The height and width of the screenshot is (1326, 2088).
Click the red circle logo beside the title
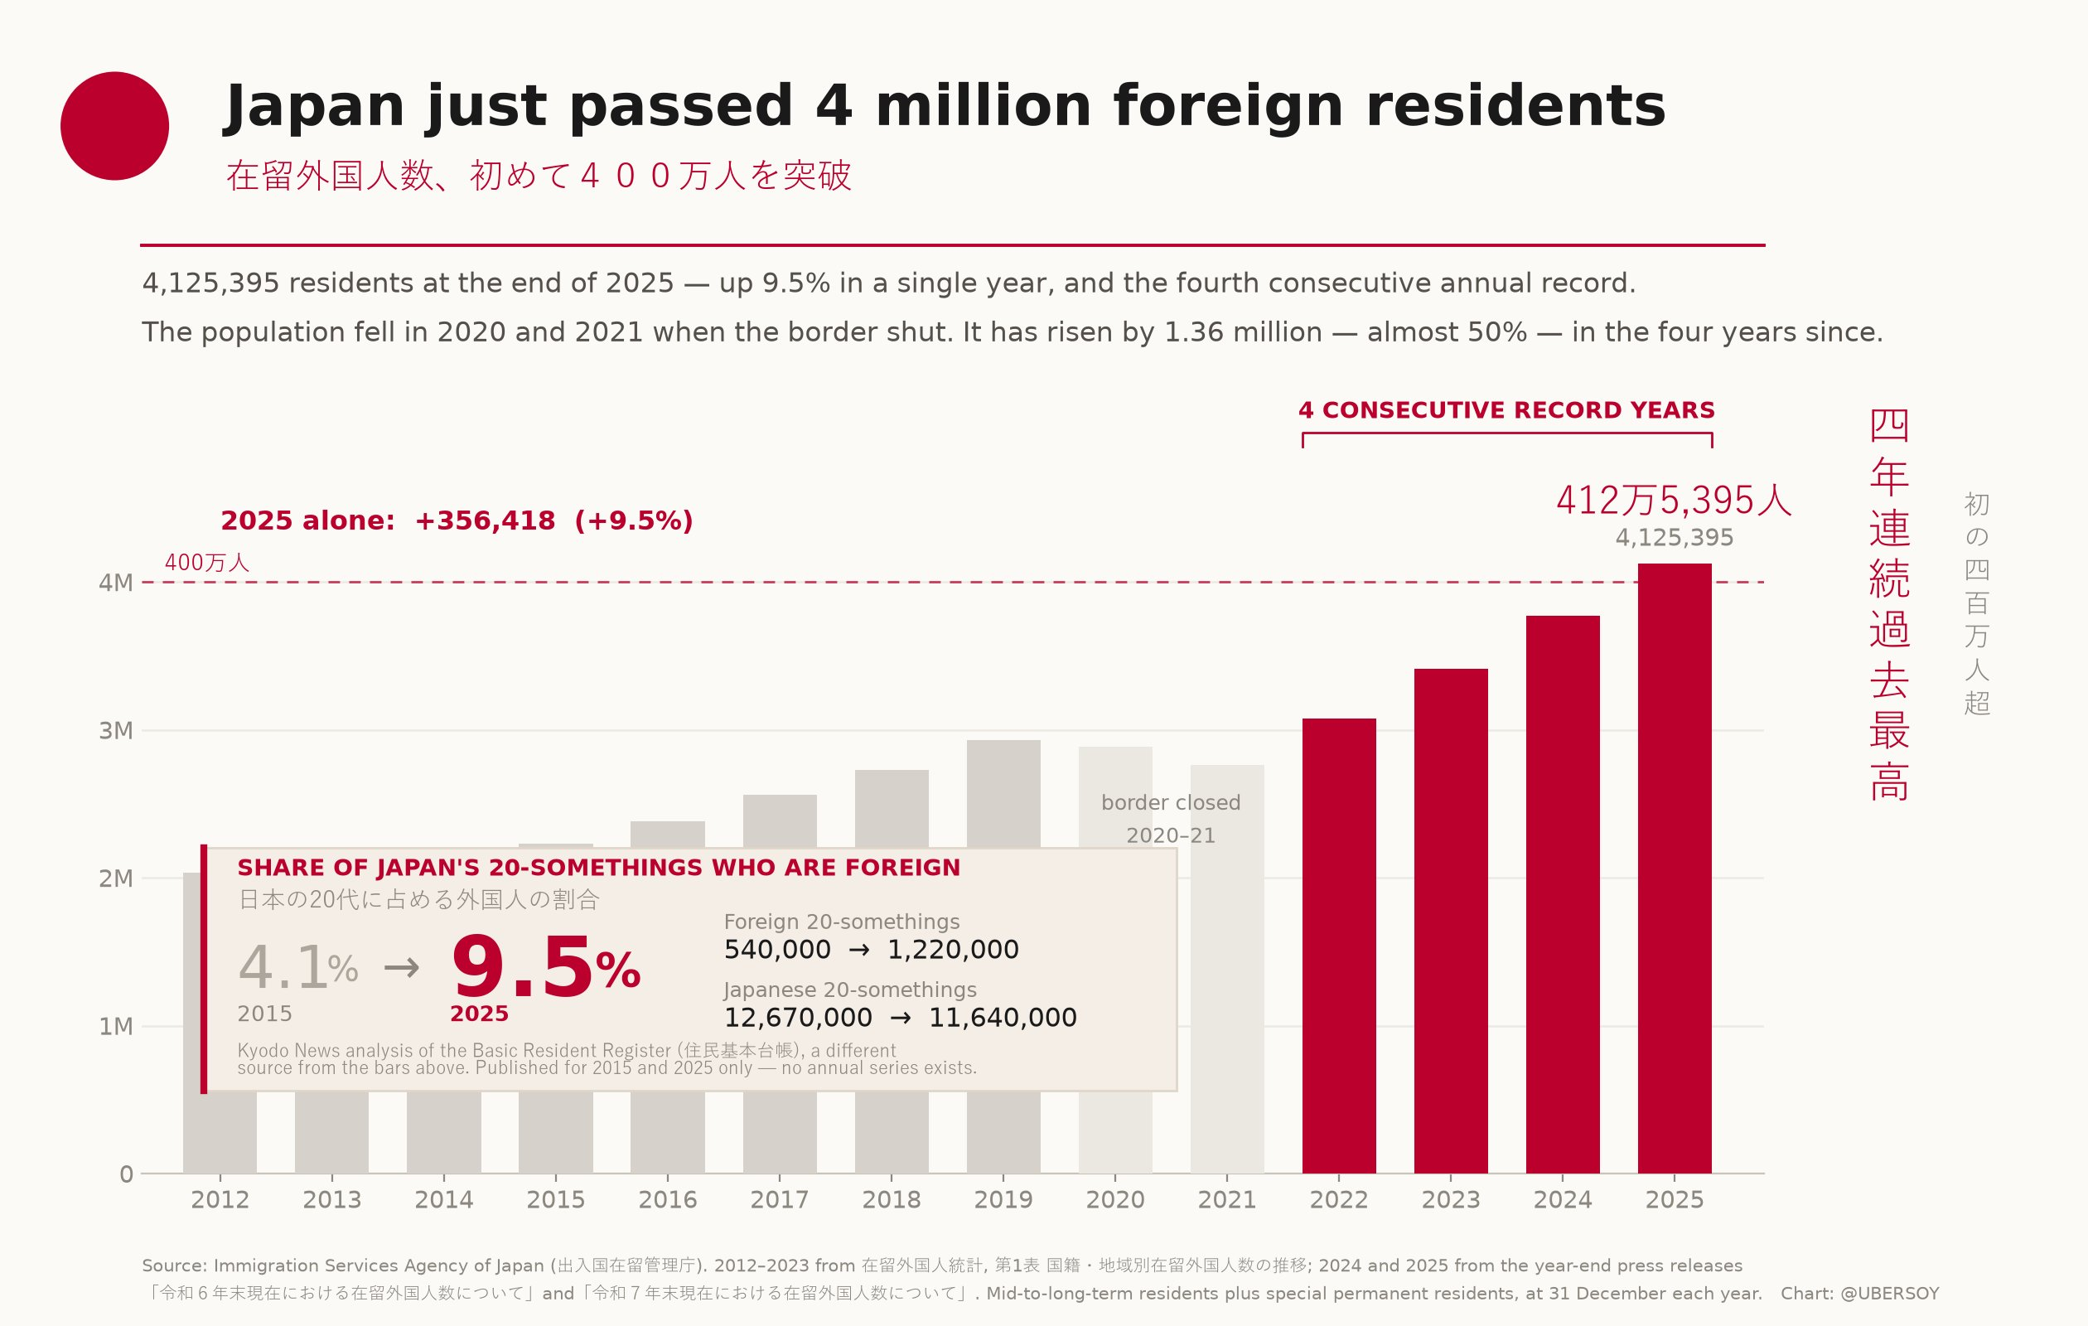point(114,126)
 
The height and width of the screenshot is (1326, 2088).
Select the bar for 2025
point(1675,868)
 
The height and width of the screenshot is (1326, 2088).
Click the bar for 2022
point(1339,946)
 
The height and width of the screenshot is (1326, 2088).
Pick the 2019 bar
point(1003,793)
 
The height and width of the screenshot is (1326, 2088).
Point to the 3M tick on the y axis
point(115,730)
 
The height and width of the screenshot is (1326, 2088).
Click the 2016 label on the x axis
point(668,1199)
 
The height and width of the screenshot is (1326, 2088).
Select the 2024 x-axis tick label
point(1563,1199)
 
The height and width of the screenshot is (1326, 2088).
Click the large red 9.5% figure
point(545,968)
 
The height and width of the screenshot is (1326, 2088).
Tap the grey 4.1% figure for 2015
point(297,968)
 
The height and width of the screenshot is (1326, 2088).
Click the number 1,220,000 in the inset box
point(953,950)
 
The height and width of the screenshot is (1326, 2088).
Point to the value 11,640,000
point(1003,1017)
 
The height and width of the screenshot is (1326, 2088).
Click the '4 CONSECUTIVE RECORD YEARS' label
point(1507,410)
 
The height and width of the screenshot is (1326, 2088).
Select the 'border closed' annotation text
point(1171,803)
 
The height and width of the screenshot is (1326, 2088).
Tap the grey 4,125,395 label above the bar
point(1675,538)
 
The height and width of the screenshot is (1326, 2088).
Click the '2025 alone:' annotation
point(308,520)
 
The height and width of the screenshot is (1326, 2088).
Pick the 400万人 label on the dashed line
point(207,563)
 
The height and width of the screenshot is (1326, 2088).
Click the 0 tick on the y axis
point(127,1174)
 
